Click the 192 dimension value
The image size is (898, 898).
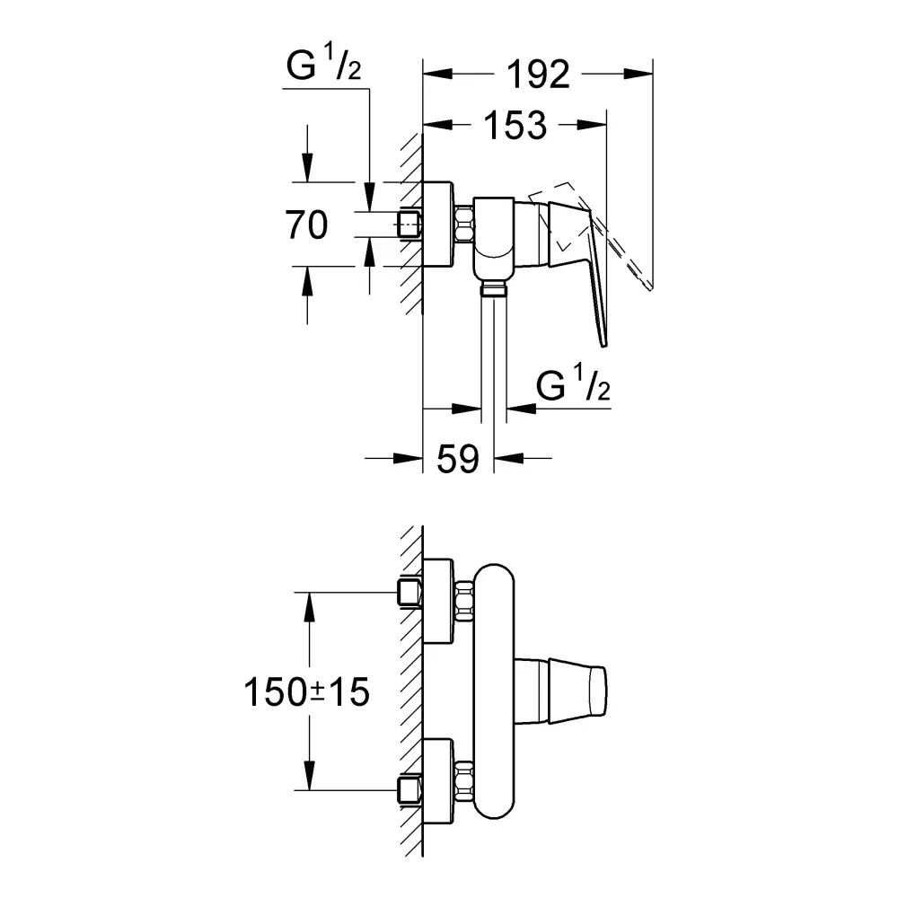tap(538, 74)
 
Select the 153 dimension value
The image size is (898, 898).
tap(515, 125)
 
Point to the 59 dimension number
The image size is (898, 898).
tap(458, 459)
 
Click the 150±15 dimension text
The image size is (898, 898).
tap(307, 691)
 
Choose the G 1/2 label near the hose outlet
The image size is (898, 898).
tap(573, 383)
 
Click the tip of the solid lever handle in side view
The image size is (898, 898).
tap(603, 346)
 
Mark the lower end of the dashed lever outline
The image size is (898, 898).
tap(650, 288)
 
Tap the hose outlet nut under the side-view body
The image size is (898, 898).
tap(494, 287)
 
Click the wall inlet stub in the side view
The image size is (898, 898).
tap(409, 224)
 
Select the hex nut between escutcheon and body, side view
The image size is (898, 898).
tap(464, 224)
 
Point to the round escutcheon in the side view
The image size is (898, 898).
tap(438, 224)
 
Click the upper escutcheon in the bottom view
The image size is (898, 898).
tap(438, 602)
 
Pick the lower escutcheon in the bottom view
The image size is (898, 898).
tap(438, 782)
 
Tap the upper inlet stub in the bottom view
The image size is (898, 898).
tap(409, 592)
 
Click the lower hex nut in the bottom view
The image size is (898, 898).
tap(464, 780)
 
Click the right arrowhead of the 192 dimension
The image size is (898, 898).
tap(638, 74)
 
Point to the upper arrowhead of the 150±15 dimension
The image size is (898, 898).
tap(309, 606)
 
